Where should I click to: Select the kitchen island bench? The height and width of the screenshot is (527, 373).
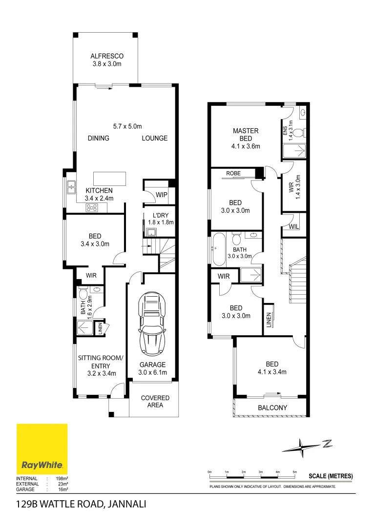(x=109, y=179)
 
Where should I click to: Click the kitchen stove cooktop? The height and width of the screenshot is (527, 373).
(x=91, y=207)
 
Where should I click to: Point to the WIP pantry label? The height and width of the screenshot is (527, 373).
(x=162, y=195)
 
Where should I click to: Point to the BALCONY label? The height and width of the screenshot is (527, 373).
(x=272, y=408)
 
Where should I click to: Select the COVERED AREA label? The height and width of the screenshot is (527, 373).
(x=155, y=402)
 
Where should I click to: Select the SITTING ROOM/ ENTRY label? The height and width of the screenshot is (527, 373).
(x=101, y=362)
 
